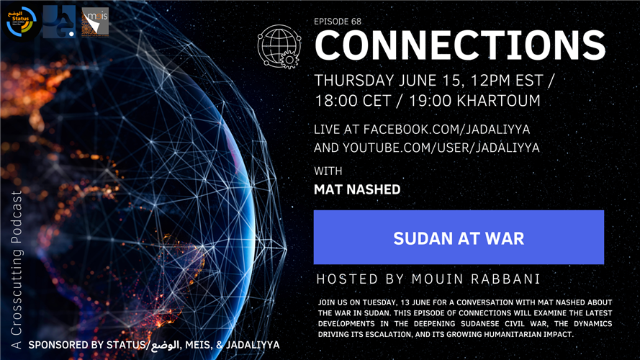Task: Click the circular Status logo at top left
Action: (21, 22)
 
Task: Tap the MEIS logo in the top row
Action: (95, 22)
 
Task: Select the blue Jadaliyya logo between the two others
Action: (58, 22)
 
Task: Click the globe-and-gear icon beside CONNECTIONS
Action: (279, 45)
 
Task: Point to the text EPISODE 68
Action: (338, 21)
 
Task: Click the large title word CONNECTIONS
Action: (460, 46)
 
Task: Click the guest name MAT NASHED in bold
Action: (357, 190)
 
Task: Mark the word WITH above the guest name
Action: (328, 171)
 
